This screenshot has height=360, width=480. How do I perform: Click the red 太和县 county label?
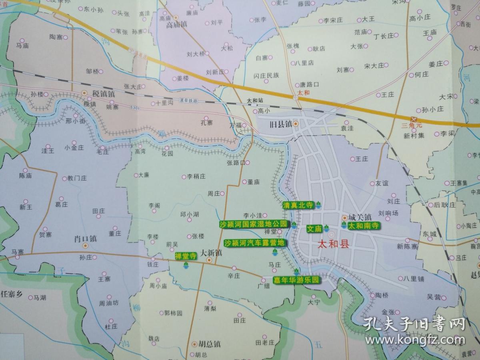pos(333,244)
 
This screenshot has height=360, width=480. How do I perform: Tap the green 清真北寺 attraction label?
pos(298,205)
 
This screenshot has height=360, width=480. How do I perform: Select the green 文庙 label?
pos(314,229)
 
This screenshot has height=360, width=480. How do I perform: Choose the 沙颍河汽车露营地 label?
pos(254,243)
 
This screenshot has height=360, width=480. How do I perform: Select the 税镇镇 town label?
pos(103,94)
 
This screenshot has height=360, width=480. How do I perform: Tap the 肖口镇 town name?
pos(86,239)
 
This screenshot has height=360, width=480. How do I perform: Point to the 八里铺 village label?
pos(414,278)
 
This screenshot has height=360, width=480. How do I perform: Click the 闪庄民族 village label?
pos(266,75)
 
